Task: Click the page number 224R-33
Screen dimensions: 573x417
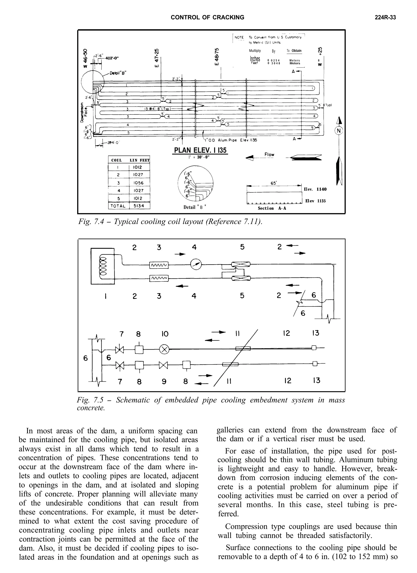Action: (385, 18)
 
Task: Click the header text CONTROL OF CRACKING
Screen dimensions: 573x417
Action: (207, 18)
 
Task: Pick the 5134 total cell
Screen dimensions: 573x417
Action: (139, 206)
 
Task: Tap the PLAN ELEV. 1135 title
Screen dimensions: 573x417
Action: (200, 150)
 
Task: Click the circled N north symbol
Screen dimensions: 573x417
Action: (339, 131)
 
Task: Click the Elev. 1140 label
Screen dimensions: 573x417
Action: (315, 189)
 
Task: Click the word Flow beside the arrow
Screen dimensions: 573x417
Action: (269, 154)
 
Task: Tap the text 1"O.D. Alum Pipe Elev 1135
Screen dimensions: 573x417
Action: (231, 140)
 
